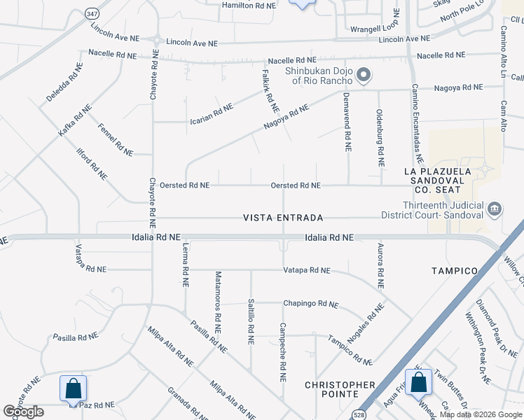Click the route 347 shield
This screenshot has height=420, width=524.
92,13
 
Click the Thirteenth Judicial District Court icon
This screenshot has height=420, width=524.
494,208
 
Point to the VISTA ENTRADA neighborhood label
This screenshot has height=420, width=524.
283,218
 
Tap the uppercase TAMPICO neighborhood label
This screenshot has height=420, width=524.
454,270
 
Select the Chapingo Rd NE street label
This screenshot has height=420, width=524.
310,304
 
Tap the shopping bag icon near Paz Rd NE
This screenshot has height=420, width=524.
74,388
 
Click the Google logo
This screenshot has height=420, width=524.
24,412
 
